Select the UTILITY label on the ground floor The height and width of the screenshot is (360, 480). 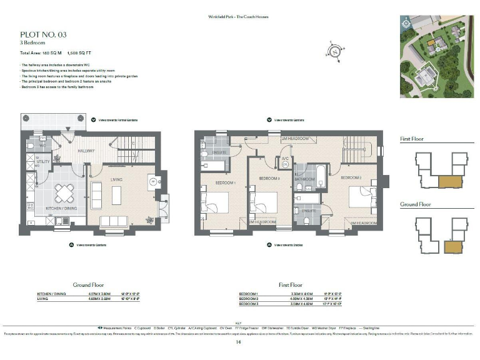coord(42,161)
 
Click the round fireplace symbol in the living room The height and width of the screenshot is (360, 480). coord(152,182)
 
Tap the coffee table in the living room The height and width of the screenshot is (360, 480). coord(117,195)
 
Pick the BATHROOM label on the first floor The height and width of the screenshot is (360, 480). coord(304,179)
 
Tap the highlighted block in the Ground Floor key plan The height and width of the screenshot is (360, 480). coord(451,246)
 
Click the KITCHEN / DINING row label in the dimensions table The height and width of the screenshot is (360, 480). coord(52,293)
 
